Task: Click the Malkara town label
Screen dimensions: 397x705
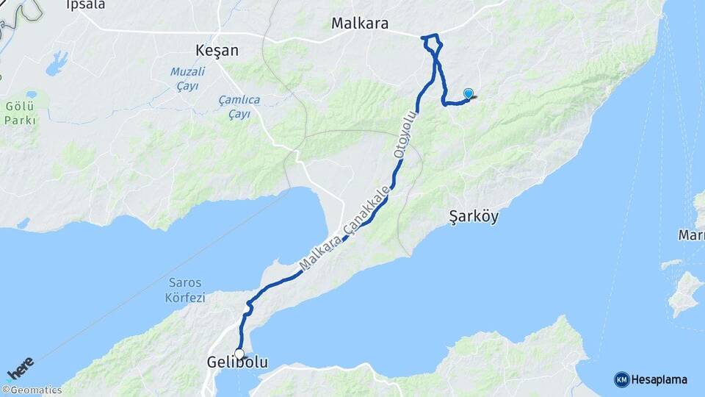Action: [x=360, y=24]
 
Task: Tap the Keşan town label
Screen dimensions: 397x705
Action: [x=217, y=51]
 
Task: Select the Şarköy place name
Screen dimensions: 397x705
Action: [x=474, y=216]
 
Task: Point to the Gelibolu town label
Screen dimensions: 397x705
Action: [x=237, y=363]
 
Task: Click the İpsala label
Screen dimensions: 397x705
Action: [x=86, y=5]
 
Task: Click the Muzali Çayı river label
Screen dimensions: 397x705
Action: [x=187, y=78]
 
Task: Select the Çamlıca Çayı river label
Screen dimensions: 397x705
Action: [x=239, y=107]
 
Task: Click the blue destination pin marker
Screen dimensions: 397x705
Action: [x=469, y=93]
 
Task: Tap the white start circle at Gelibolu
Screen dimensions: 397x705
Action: [x=239, y=354]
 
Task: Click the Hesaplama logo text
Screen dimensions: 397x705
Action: [x=659, y=379]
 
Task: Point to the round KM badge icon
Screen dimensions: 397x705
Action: [x=621, y=379]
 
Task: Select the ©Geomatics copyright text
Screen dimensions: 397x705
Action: [x=32, y=390]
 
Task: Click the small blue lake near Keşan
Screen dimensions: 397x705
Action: [x=57, y=64]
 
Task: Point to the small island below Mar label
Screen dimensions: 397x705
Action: [x=686, y=292]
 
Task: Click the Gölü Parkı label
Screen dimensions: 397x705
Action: [x=19, y=112]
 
